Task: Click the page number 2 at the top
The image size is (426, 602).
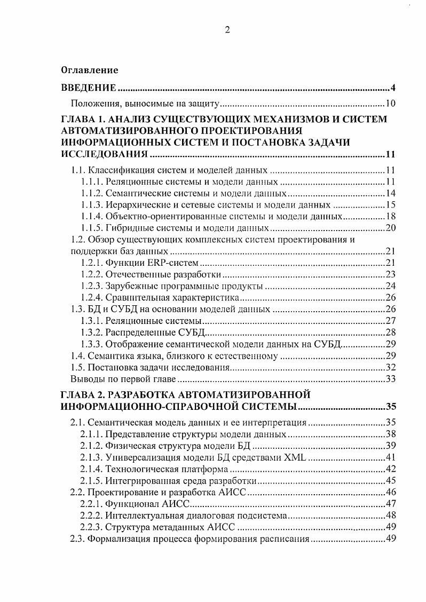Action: [x=226, y=30]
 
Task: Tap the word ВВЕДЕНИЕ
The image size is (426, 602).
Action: [x=88, y=88]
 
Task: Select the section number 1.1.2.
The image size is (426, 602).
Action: [x=92, y=193]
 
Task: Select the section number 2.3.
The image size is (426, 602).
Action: [x=78, y=540]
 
